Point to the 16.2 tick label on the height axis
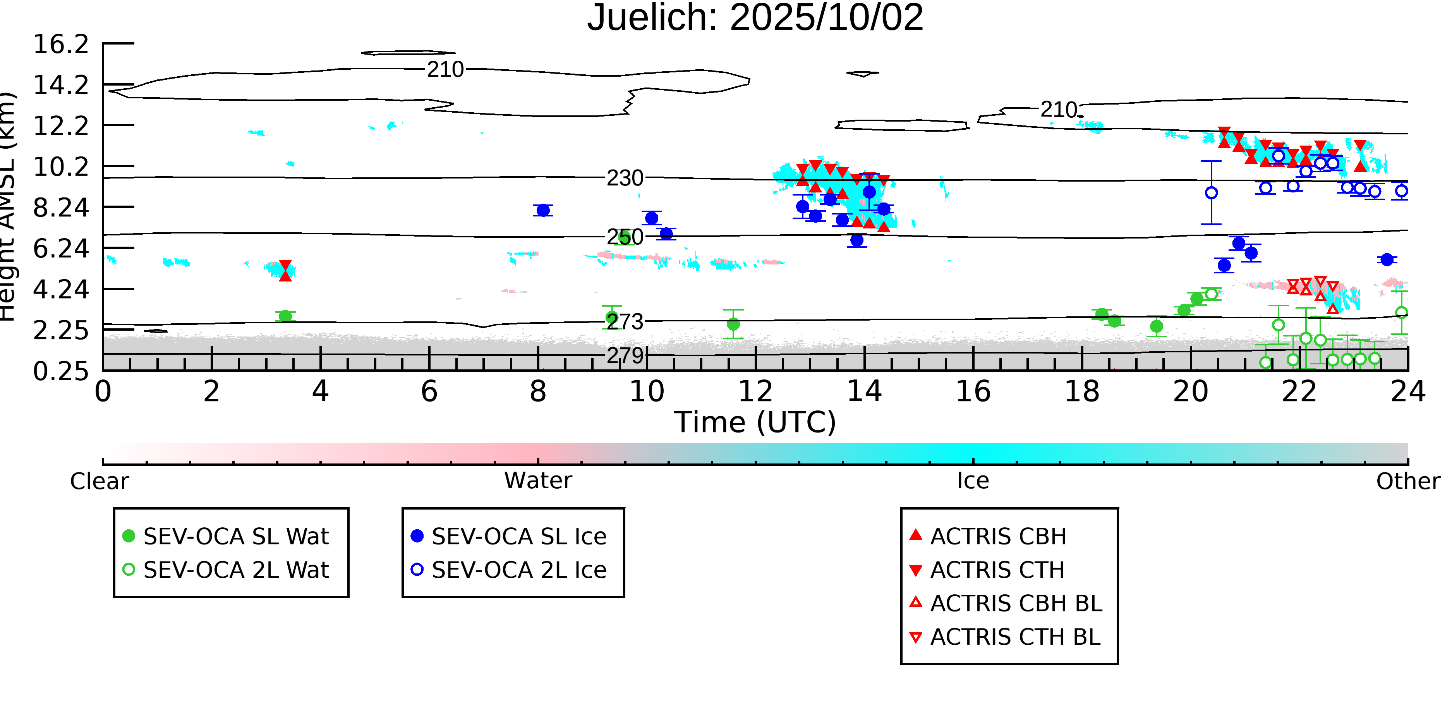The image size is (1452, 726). click(x=61, y=44)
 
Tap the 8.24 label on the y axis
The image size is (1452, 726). click(x=61, y=208)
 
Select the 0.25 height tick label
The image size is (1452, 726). click(x=61, y=371)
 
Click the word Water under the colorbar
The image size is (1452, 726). click(x=538, y=481)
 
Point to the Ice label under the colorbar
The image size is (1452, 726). click(x=973, y=481)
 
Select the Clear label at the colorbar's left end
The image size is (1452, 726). click(x=99, y=481)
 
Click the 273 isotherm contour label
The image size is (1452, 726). click(x=625, y=322)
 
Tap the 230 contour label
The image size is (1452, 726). click(x=625, y=178)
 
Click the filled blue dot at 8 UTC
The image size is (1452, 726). click(x=543, y=210)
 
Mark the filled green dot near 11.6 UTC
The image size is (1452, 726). click(x=733, y=324)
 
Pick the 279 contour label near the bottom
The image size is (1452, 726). click(x=625, y=356)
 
